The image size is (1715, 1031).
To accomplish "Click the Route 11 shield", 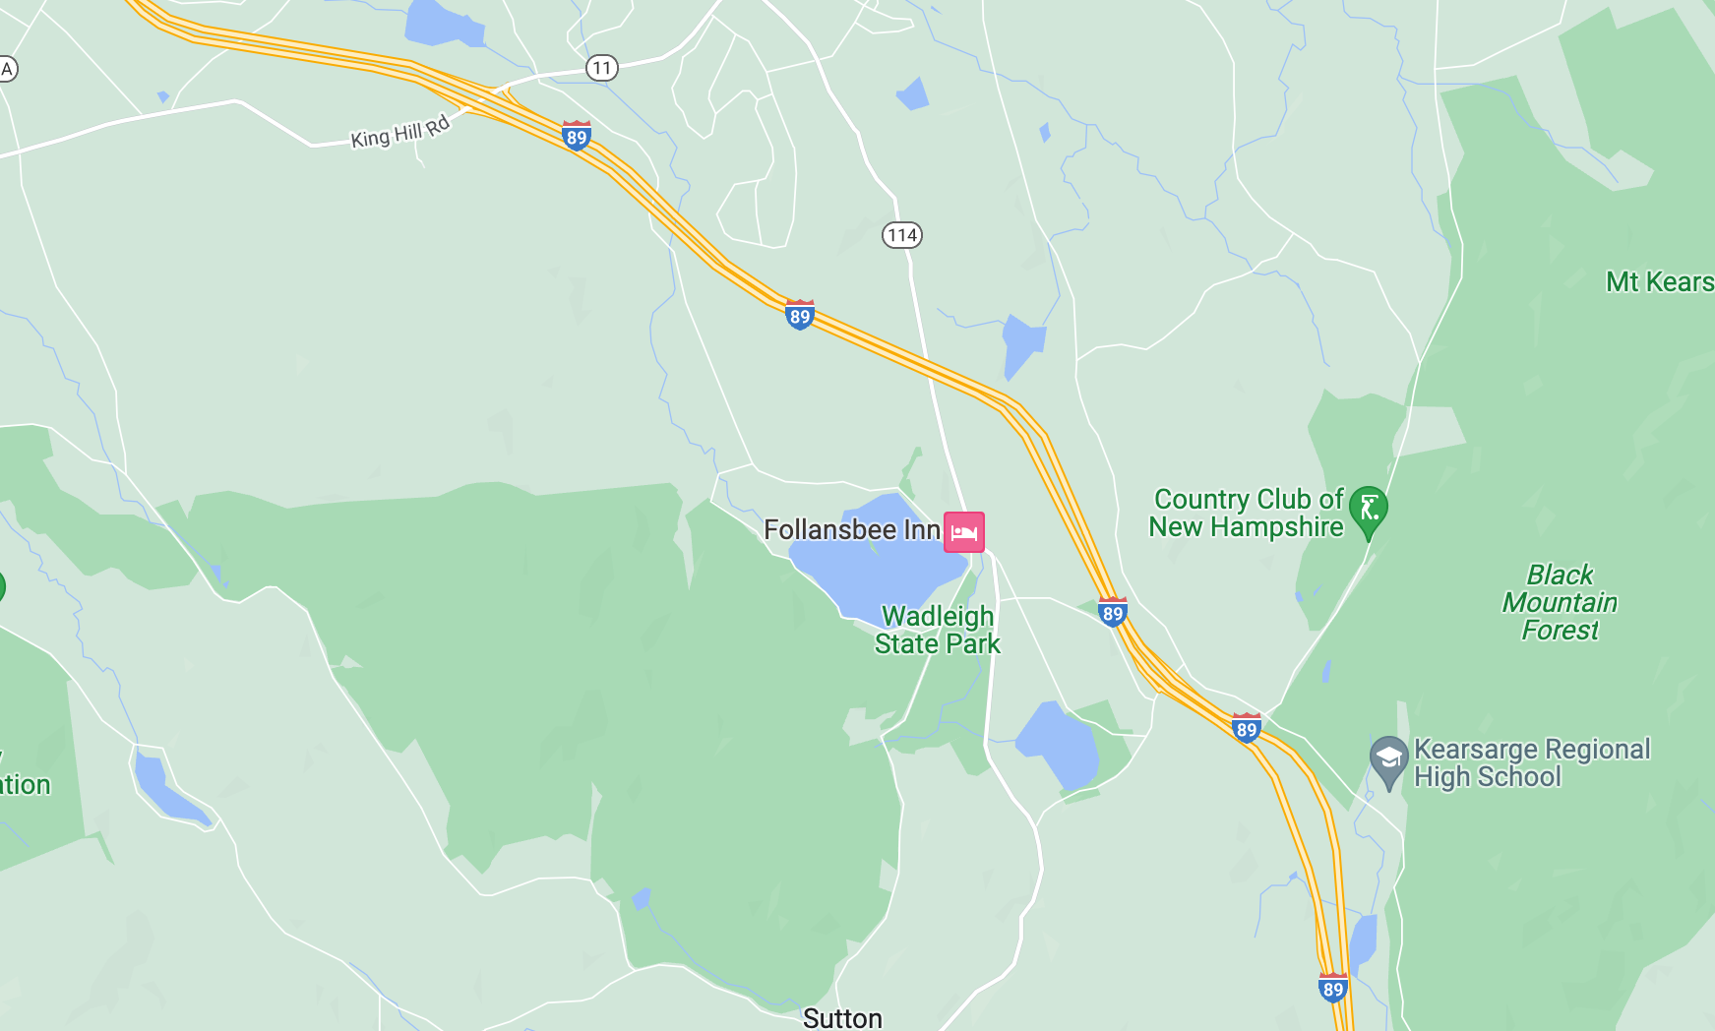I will (602, 68).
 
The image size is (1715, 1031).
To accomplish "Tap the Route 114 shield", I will (901, 235).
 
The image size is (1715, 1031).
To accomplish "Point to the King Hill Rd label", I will (399, 132).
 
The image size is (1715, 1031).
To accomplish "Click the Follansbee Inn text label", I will (852, 530).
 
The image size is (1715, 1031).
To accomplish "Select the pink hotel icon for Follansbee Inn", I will (964, 532).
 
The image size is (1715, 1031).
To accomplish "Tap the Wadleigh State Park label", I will (938, 631).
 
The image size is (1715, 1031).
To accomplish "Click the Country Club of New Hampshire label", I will (1247, 514).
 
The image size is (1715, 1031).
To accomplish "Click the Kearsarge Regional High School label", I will (1531, 763).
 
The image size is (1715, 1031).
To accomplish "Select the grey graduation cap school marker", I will (1388, 759).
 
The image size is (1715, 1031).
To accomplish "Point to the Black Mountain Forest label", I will (1561, 602).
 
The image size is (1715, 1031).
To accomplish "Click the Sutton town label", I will (842, 1018).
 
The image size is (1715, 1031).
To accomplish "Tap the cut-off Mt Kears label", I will (1660, 282).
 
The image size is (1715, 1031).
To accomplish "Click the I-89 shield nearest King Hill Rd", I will (577, 137).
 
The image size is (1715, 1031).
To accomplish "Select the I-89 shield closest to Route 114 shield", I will (800, 315).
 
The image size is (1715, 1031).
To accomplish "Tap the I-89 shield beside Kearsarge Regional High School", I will (1247, 728).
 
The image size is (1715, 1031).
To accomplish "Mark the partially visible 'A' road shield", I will (7, 69).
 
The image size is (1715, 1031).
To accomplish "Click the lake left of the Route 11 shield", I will (443, 24).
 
